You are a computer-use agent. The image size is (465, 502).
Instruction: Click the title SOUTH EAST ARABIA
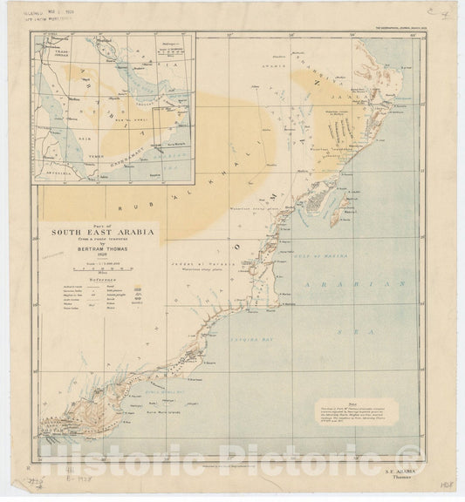92,232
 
